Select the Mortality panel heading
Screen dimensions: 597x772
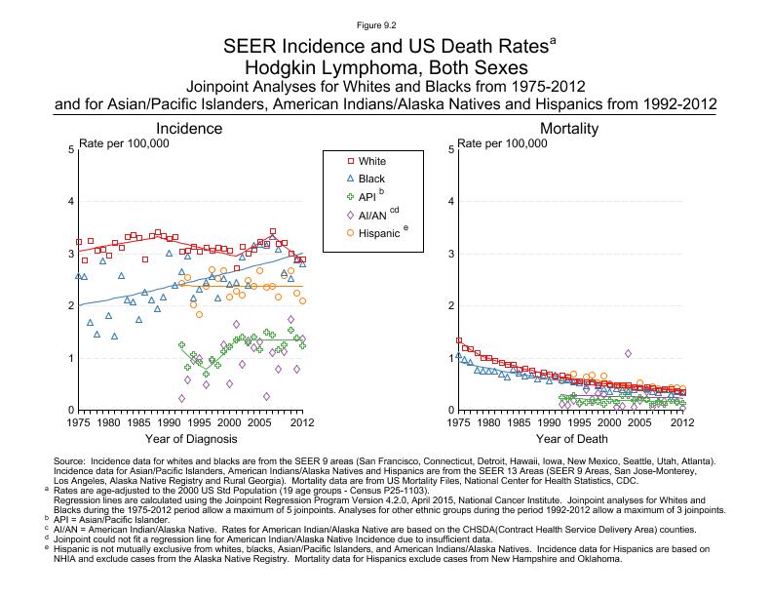click(x=569, y=129)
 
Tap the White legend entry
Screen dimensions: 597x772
click(x=371, y=160)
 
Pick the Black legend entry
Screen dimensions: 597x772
click(x=371, y=179)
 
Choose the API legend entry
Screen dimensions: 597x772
click(x=367, y=197)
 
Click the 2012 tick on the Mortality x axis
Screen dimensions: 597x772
click(x=683, y=422)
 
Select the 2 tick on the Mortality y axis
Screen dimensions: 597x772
click(x=449, y=306)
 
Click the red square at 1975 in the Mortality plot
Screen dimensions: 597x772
click(x=459, y=340)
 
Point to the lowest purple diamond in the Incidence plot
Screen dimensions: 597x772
click(x=181, y=398)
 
